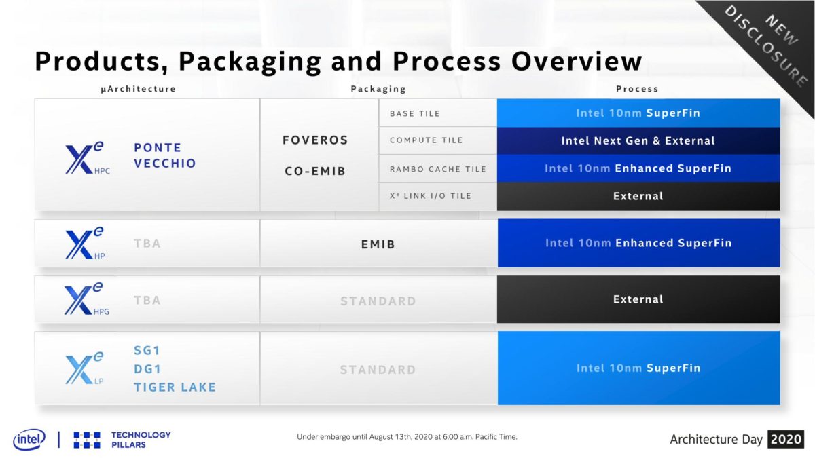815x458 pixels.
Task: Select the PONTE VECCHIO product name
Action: (x=165, y=155)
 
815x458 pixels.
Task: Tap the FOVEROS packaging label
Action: (x=315, y=140)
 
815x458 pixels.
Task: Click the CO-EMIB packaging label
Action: (x=315, y=171)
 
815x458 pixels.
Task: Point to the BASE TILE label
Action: (x=415, y=113)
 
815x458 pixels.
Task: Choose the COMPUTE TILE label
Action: (x=427, y=140)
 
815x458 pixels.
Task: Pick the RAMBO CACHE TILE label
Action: (x=437, y=169)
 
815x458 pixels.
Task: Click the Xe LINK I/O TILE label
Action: (x=430, y=196)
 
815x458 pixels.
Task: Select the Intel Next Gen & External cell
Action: (x=638, y=141)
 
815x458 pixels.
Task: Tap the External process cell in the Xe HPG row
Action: (x=638, y=299)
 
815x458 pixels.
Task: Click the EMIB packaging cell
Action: (x=378, y=244)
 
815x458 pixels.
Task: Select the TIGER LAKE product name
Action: (x=175, y=387)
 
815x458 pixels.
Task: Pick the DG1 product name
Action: (x=147, y=369)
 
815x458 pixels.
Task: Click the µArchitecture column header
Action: (x=138, y=89)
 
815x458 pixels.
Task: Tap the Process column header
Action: (x=637, y=89)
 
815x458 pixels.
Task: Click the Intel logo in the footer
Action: (x=29, y=439)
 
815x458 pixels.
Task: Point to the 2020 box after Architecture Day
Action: (x=786, y=439)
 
